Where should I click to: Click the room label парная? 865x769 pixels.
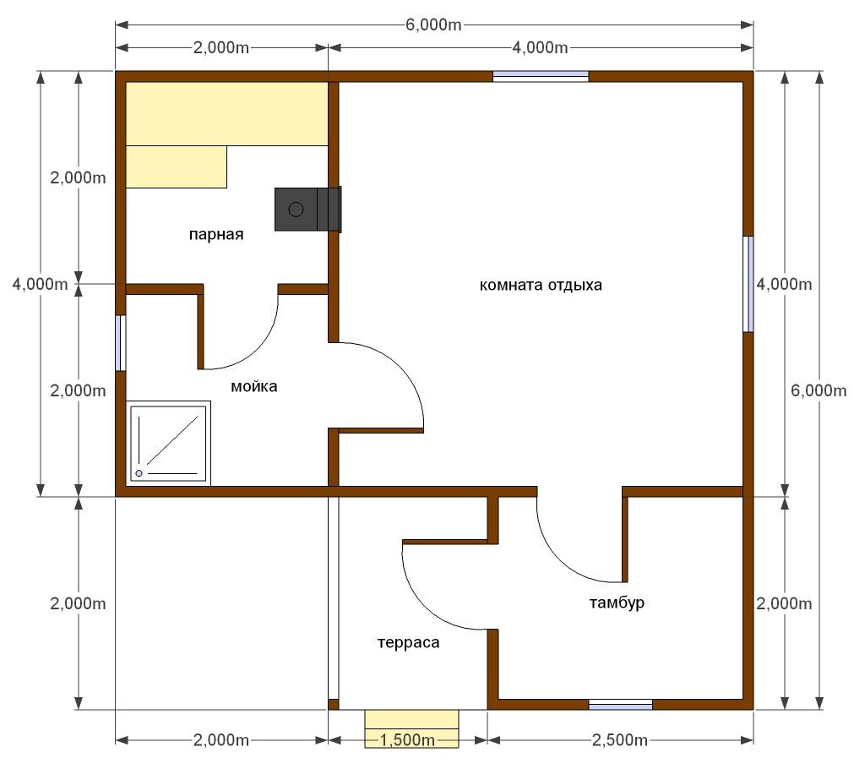pos(216,235)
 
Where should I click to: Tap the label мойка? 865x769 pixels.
pos(253,386)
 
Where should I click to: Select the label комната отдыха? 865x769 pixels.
pos(541,286)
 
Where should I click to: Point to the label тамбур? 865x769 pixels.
pos(617,603)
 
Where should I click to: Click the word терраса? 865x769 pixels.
pos(408,642)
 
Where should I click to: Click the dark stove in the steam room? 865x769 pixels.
pos(307,210)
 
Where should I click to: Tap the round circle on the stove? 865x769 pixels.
pos(296,210)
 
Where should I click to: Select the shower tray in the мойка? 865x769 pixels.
pos(168,444)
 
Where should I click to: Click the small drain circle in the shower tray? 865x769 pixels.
pos(139,473)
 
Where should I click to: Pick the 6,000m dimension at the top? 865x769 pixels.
pos(433,25)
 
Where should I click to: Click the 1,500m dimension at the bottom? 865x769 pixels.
pos(408,739)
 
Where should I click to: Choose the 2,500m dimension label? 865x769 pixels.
pos(620,739)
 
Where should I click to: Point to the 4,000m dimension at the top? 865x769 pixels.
pos(540,47)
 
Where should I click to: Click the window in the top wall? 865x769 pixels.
pos(541,76)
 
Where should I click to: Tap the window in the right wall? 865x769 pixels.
pos(748,284)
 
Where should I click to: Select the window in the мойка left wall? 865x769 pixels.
pos(120,343)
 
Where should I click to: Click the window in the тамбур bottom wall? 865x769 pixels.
pos(621,705)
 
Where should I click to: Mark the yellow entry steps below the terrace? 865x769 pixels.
pos(411,728)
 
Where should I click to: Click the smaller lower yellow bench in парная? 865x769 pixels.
pos(177,166)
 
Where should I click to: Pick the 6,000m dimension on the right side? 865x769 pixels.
pos(819,390)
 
